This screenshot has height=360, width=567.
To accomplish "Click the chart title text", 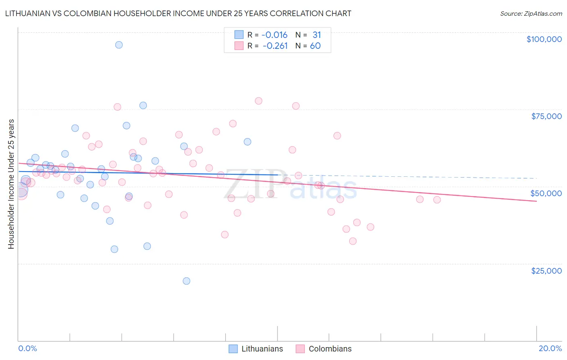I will point(178,13).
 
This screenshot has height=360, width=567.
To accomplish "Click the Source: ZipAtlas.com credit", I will point(531,14).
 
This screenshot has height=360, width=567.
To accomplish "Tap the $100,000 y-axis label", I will point(544,39).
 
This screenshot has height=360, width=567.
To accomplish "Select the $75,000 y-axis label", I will point(546,116).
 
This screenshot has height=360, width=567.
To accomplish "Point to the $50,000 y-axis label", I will point(546,193).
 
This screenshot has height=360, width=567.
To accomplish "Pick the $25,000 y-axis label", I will point(546,271).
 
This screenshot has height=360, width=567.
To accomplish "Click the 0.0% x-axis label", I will point(27,348).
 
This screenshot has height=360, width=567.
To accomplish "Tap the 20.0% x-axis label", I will point(550,348).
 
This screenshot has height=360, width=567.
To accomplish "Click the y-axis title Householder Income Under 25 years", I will point(11,184).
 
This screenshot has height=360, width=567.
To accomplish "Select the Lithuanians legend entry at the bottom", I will point(256,349).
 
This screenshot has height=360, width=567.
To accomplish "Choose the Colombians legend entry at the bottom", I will point(324,349).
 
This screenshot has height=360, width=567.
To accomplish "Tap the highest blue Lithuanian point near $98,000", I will point(119,45).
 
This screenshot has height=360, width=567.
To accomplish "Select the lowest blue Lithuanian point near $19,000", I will point(186,281).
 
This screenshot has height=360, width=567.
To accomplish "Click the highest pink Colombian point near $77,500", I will point(258,101).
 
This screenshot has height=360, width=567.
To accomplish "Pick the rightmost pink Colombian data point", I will point(437,200).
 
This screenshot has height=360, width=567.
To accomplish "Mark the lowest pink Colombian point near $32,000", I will point(353,241).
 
